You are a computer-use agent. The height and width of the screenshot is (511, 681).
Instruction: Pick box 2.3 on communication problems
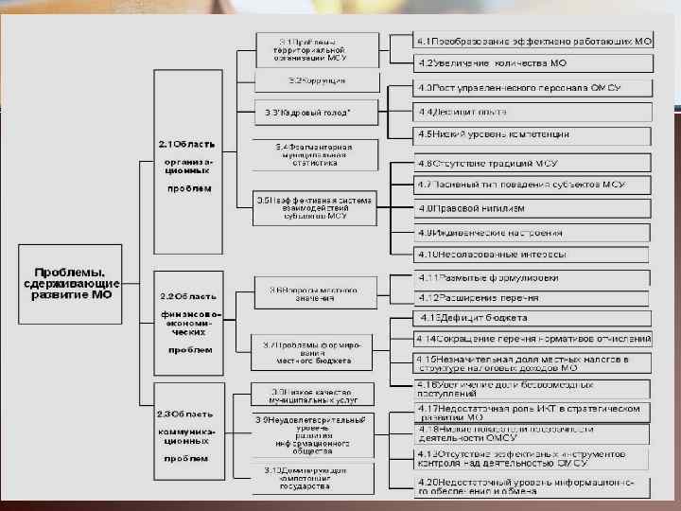[189, 435]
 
